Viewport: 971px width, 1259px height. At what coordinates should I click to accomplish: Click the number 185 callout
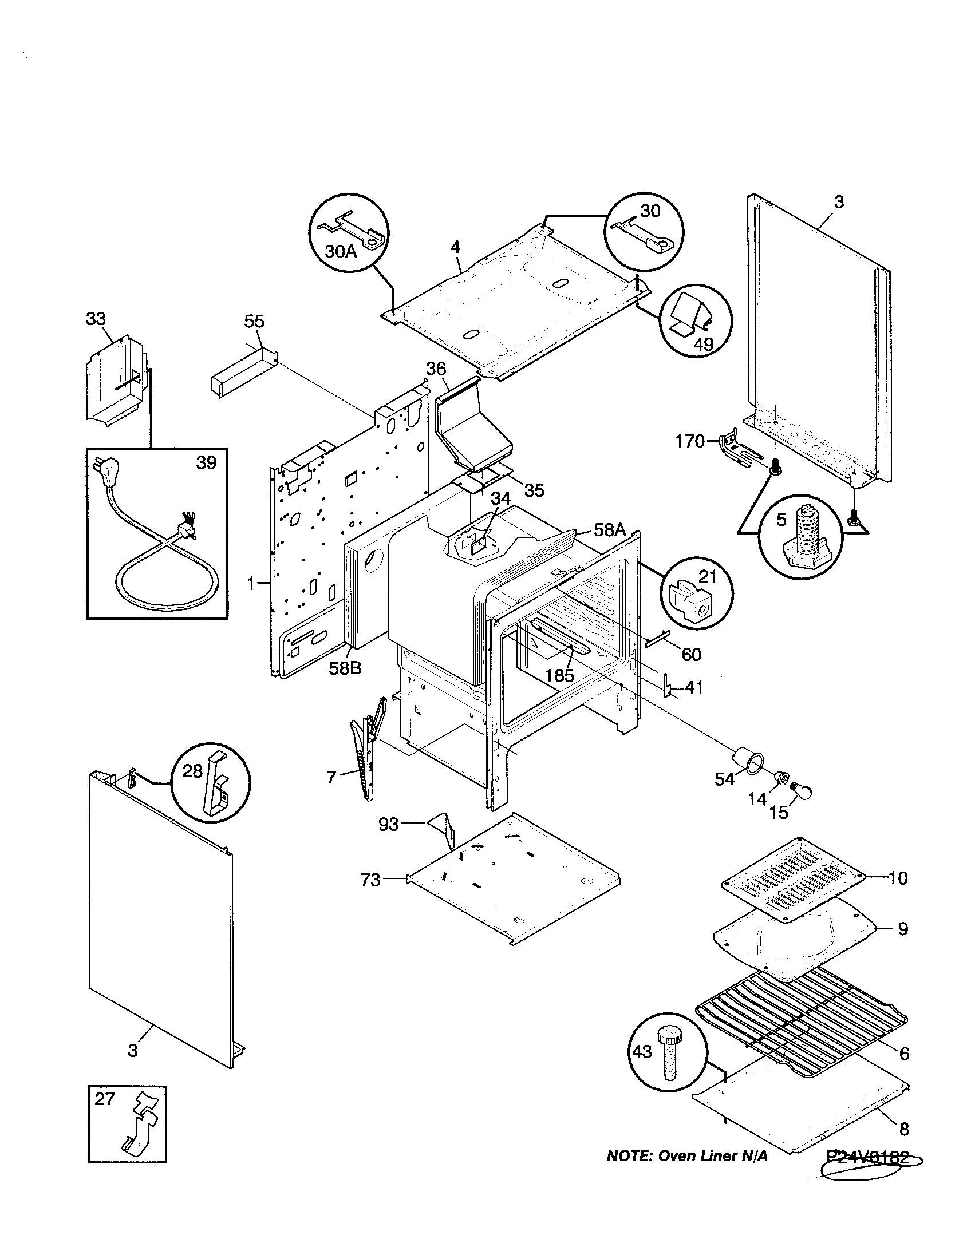560,675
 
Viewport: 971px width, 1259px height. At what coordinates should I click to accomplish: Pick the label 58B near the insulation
345,668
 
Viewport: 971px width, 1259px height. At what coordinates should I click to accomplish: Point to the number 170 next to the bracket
690,442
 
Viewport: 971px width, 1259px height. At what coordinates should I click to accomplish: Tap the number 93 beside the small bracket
388,824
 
